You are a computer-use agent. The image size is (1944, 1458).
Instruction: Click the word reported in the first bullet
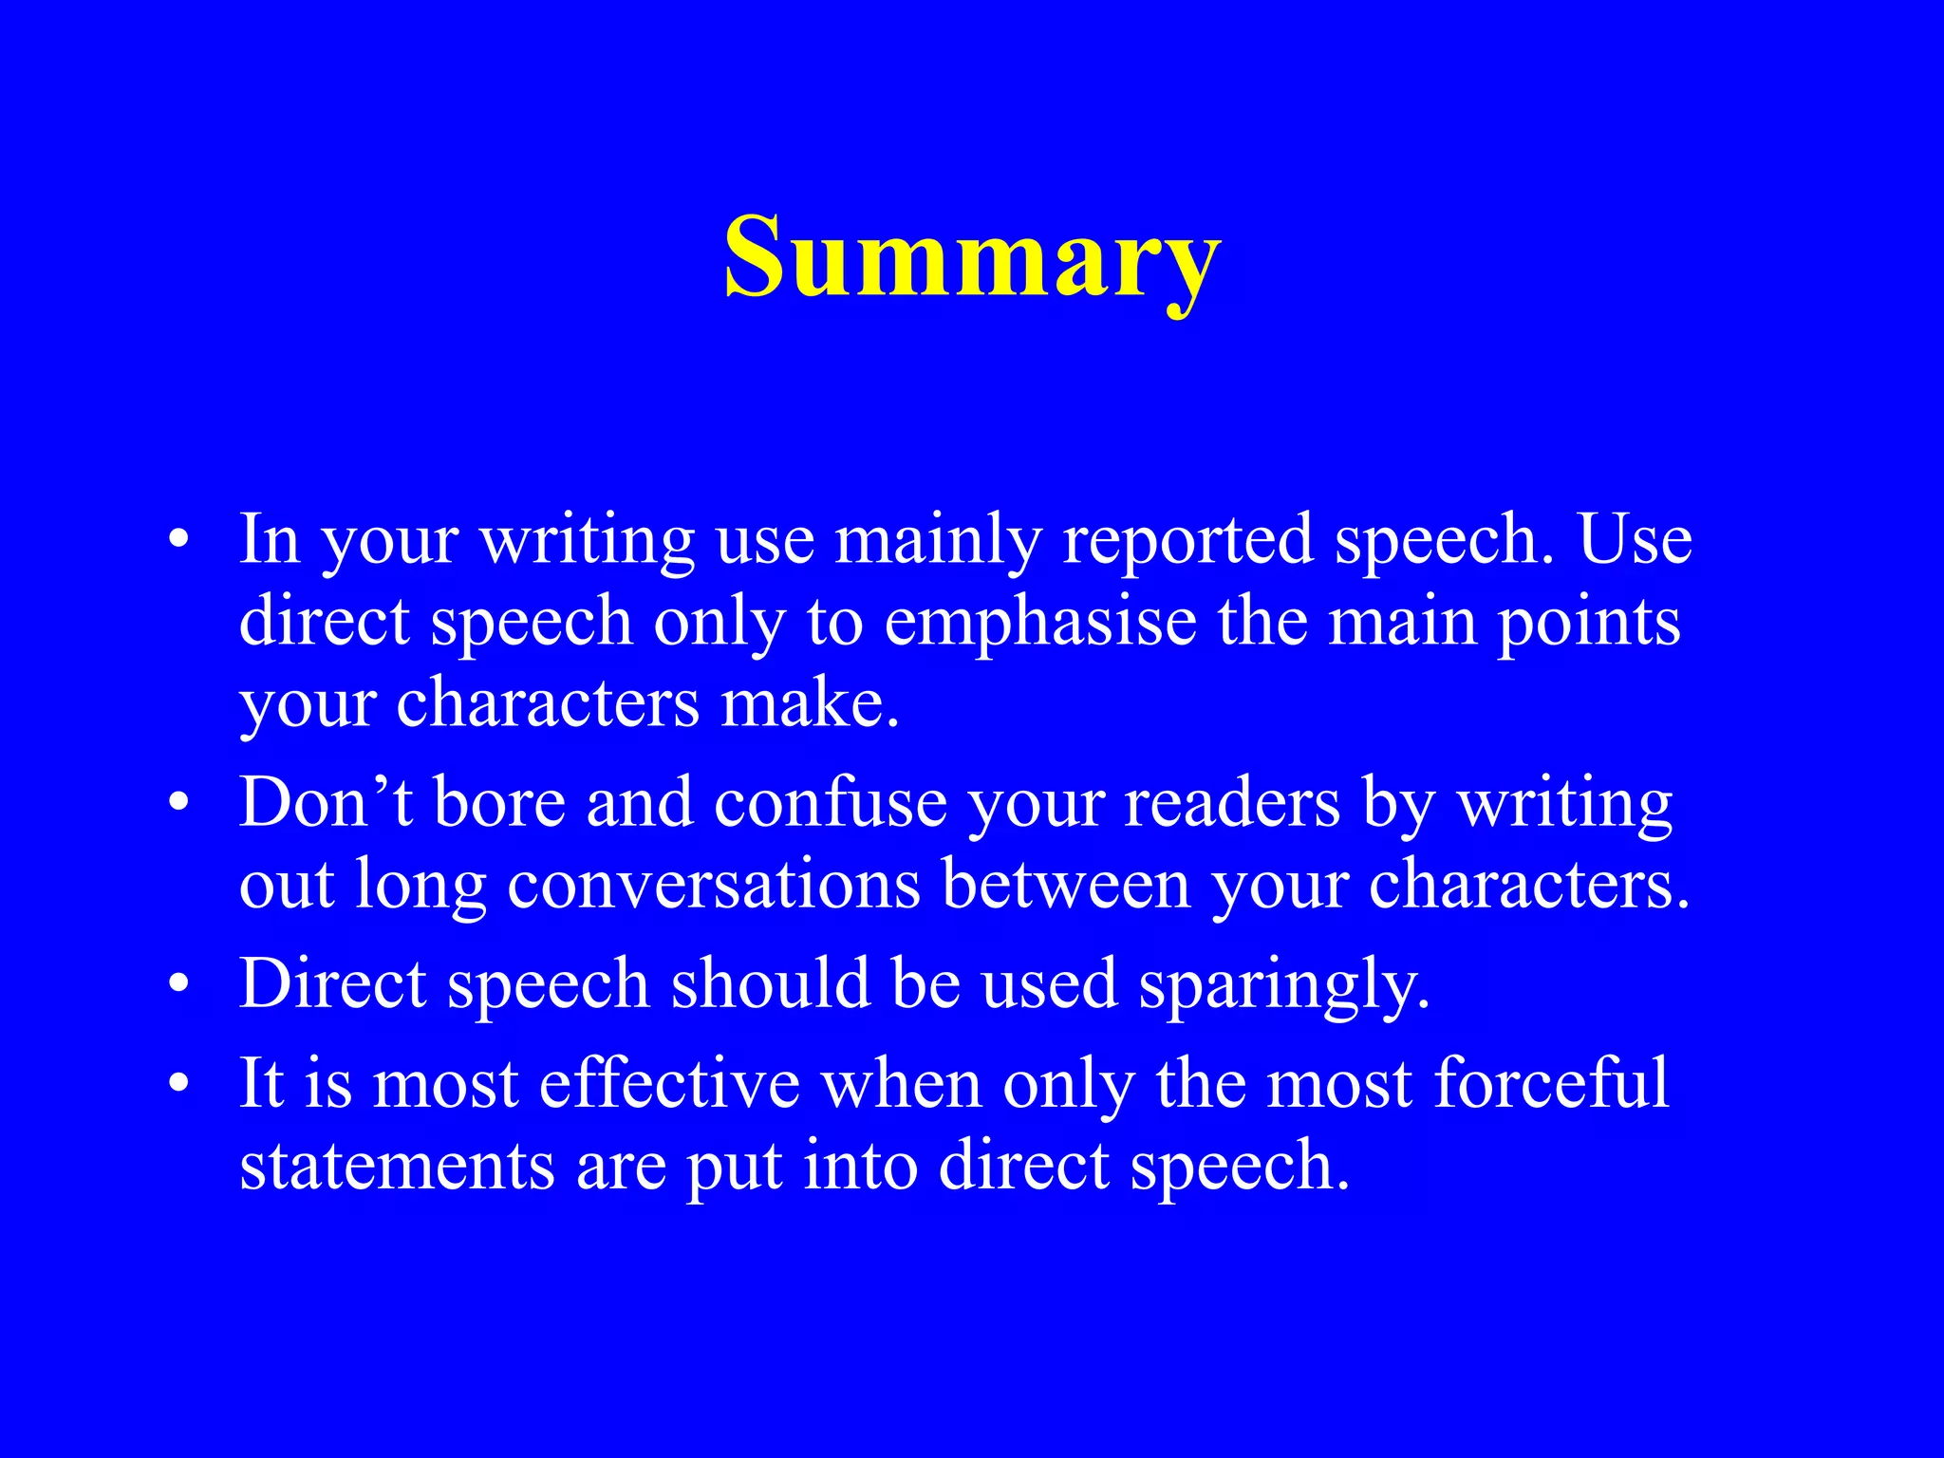tap(1187, 540)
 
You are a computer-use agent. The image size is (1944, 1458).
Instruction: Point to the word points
tap(1589, 623)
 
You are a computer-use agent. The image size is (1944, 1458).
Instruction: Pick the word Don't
tap(326, 803)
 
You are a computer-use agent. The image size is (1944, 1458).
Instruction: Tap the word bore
tap(499, 803)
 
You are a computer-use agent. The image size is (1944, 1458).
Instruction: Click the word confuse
tap(830, 803)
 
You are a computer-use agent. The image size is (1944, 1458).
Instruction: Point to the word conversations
tap(714, 885)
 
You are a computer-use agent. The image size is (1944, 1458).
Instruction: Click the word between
tap(1066, 885)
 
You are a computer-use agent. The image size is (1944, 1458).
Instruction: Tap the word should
tap(770, 984)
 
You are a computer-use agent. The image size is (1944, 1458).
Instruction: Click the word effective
tap(669, 1083)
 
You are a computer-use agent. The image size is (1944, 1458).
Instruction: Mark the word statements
tap(397, 1166)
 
